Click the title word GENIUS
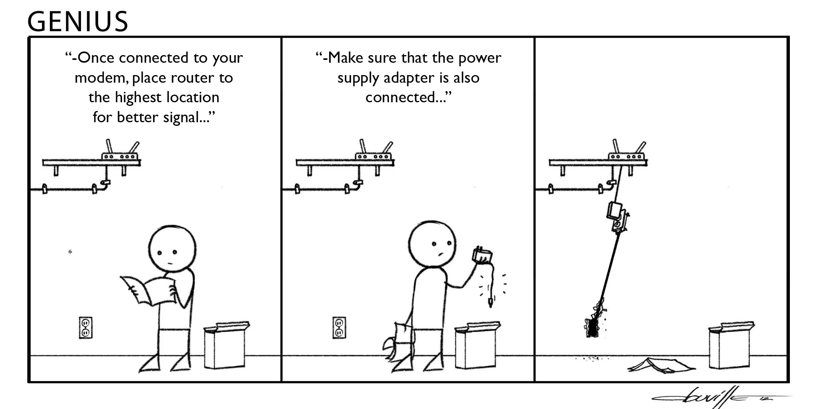point(78,22)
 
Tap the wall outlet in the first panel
point(85,328)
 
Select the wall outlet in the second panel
point(339,328)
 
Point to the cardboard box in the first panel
point(225,346)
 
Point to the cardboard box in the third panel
point(730,346)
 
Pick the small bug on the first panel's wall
point(70,252)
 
